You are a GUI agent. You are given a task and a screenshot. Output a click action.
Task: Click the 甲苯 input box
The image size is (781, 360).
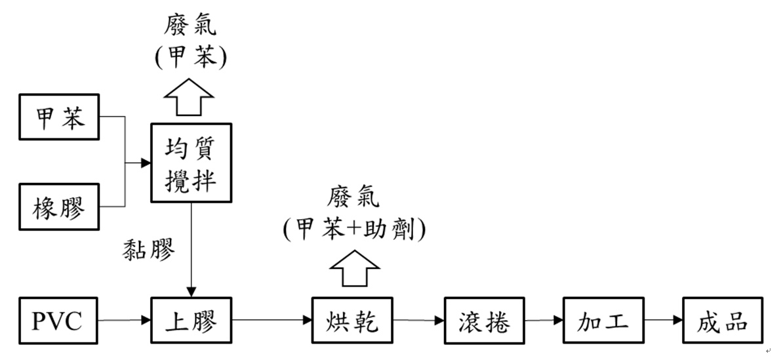[x=60, y=117]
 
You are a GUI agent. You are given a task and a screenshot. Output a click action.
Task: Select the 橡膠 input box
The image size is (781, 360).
[x=60, y=208]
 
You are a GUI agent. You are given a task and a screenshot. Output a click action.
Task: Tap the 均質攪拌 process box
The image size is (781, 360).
[x=191, y=163]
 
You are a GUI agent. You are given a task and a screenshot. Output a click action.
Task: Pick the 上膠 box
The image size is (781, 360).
[x=191, y=321]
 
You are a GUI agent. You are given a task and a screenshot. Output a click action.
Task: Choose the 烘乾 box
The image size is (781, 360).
[x=353, y=321]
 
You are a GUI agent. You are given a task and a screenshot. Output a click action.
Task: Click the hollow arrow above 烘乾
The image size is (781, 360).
[x=354, y=268]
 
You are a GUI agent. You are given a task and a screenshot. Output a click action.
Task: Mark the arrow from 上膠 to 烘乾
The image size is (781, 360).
[x=271, y=321]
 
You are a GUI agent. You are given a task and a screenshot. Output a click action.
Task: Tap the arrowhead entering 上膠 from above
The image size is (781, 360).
[x=191, y=291]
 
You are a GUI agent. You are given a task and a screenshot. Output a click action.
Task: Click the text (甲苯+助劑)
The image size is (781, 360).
[x=354, y=229]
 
